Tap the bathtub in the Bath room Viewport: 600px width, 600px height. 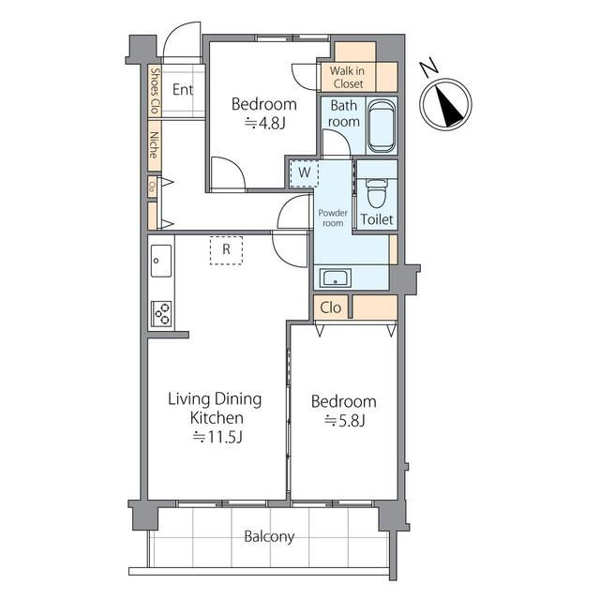tap(382, 126)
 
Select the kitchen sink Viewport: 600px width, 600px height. tap(161, 261)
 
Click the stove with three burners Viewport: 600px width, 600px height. tap(161, 313)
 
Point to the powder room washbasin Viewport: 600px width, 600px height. tap(336, 277)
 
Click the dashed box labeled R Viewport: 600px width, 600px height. tap(226, 250)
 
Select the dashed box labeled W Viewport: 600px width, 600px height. tap(304, 172)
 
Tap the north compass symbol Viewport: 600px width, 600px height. tap(445, 105)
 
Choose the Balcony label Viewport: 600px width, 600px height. tap(269, 536)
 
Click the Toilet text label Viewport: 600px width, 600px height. tap(377, 219)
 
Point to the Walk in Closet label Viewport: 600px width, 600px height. tap(348, 77)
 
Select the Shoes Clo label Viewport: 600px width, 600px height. tap(155, 91)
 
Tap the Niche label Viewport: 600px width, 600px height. tap(154, 145)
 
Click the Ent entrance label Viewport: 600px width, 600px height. tap(183, 90)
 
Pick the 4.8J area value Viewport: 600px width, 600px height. tap(264, 123)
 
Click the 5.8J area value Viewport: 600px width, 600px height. tap(344, 421)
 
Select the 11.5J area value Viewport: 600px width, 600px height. tap(217, 437)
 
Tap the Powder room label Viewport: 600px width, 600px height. tap(333, 217)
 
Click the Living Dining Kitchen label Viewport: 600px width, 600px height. tap(216, 409)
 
